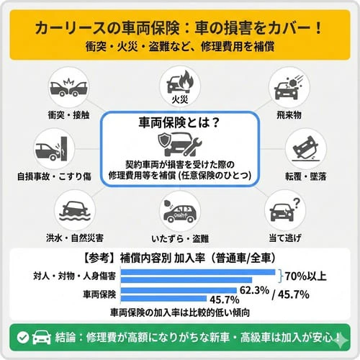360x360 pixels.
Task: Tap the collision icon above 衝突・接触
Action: pyautogui.click(x=69, y=86)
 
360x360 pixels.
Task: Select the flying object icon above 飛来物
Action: pyautogui.click(x=288, y=86)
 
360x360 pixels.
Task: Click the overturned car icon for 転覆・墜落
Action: pyautogui.click(x=305, y=147)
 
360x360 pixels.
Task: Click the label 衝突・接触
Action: pyautogui.click(x=69, y=114)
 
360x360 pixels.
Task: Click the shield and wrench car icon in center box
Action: pyautogui.click(x=178, y=143)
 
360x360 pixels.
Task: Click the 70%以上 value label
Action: pyautogui.click(x=305, y=275)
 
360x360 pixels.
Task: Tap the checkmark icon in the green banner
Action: pyautogui.click(x=23, y=337)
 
